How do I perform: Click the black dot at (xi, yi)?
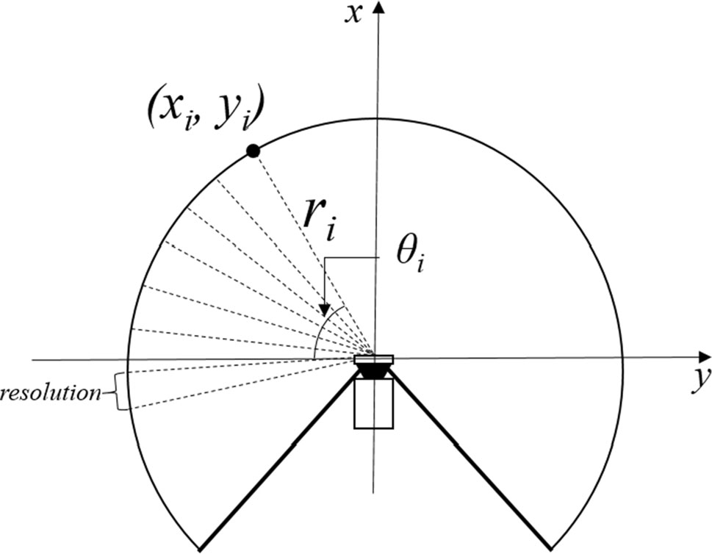pyautogui.click(x=253, y=151)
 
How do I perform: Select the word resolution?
pyautogui.click(x=51, y=393)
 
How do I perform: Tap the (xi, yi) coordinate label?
pyautogui.click(x=205, y=112)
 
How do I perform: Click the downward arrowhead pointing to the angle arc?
pyautogui.click(x=324, y=309)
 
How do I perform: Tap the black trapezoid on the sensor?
pyautogui.click(x=373, y=372)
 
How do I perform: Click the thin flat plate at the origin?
pyautogui.click(x=374, y=359)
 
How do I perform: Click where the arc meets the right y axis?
pyautogui.click(x=622, y=358)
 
